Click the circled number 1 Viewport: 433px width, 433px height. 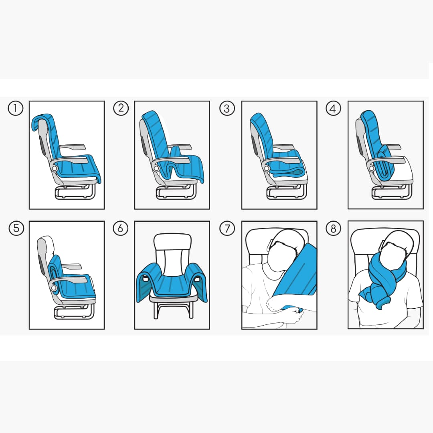(x=16, y=108)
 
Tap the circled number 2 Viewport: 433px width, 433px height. (x=121, y=108)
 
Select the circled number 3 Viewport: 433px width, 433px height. (x=227, y=108)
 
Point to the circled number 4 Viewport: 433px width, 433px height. (x=333, y=108)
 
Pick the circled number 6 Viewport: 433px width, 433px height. (x=121, y=228)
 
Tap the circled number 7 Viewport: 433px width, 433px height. (x=227, y=228)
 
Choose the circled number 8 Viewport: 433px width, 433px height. (x=333, y=228)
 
